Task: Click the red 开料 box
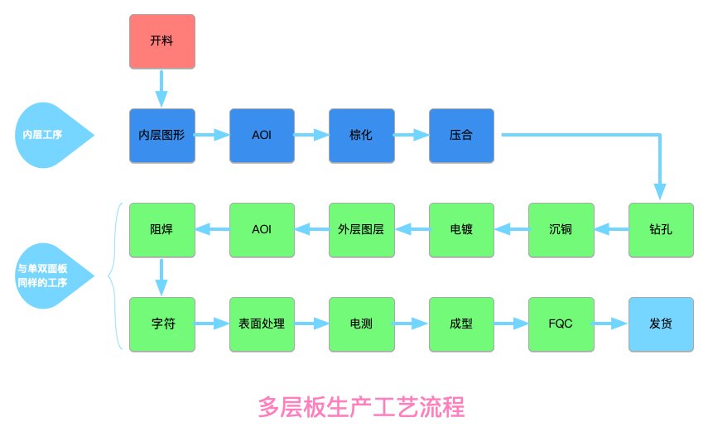162,41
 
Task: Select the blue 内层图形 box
162,136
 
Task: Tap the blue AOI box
262,136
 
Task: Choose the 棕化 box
361,136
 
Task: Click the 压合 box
461,136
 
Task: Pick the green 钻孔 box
661,230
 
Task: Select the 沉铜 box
561,230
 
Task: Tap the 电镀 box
461,230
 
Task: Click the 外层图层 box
361,230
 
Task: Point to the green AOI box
262,230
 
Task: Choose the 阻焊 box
162,230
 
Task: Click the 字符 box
162,324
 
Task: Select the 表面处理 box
262,324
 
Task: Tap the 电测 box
361,324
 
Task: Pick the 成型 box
461,324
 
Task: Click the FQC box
561,324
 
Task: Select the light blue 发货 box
661,324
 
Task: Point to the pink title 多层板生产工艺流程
361,407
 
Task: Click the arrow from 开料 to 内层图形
161,88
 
